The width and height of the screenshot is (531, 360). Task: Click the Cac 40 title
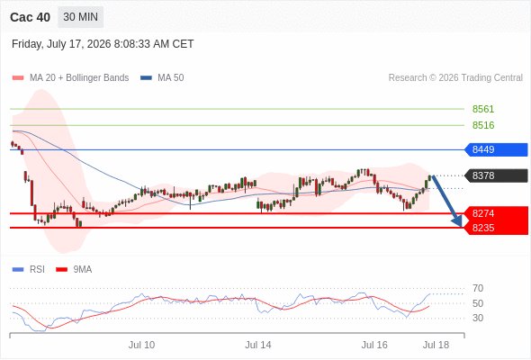pos(30,17)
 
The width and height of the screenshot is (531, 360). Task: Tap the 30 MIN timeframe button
pos(81,17)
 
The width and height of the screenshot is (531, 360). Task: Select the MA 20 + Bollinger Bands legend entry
pos(70,78)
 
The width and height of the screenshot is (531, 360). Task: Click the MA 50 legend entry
pos(162,78)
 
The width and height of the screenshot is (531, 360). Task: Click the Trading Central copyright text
pos(455,78)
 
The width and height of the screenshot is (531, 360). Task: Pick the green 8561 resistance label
pos(483,109)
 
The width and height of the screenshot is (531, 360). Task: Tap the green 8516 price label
pos(483,125)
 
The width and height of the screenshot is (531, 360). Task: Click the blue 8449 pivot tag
pos(496,149)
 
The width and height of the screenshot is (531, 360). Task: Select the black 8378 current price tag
pos(496,175)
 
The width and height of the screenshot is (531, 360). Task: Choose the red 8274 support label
pos(483,213)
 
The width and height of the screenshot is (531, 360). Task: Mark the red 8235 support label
pos(483,228)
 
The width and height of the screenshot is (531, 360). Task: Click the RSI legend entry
pos(29,270)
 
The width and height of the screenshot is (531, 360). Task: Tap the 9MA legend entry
pos(74,270)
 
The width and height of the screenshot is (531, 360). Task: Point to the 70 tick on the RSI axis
pos(478,288)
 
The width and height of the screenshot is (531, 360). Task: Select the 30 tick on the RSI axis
pos(478,318)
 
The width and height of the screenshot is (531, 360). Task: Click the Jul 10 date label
pos(141,345)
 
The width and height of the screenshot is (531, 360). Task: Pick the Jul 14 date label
pos(258,345)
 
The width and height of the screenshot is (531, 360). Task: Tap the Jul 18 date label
pos(436,345)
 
